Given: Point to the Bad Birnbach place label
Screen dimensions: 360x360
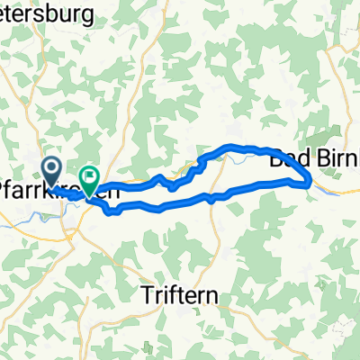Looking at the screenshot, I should (315, 155).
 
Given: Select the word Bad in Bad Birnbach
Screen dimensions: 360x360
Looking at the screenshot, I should (286, 155).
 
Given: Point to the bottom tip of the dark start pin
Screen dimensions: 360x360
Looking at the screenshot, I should (52, 180).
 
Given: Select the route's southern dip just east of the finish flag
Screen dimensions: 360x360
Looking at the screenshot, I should (112, 212).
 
